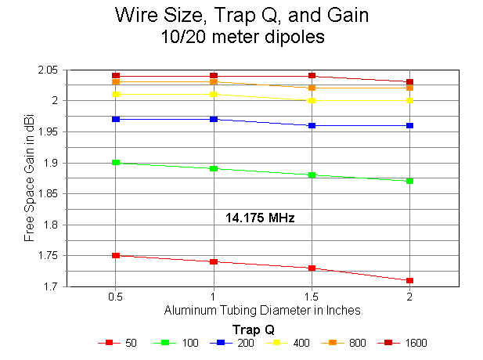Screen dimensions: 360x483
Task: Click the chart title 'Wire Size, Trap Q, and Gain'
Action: (241, 15)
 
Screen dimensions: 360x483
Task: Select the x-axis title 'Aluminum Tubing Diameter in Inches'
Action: (262, 310)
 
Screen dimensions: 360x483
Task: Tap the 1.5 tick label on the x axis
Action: (312, 297)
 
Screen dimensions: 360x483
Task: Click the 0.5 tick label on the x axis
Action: (116, 297)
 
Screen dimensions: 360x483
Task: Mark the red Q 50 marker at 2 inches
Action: (409, 280)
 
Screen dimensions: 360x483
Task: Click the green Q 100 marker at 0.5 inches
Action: (116, 163)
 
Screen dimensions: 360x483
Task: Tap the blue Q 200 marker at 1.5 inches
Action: (312, 125)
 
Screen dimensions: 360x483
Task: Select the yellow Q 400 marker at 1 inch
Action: (214, 94)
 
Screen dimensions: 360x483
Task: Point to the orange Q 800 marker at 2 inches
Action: (409, 88)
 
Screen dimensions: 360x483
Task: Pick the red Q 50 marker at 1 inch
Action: (214, 262)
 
